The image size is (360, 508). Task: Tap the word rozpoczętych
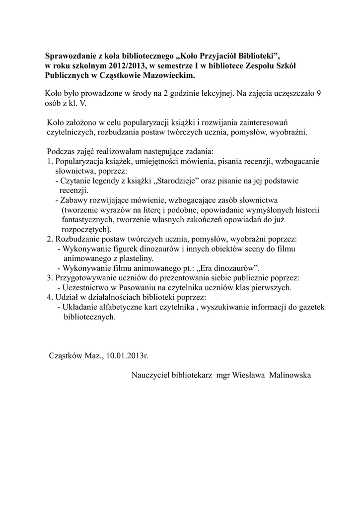85,229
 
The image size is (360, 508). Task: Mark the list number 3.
49,277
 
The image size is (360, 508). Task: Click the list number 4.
49,297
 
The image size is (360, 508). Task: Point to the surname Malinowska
290,376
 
